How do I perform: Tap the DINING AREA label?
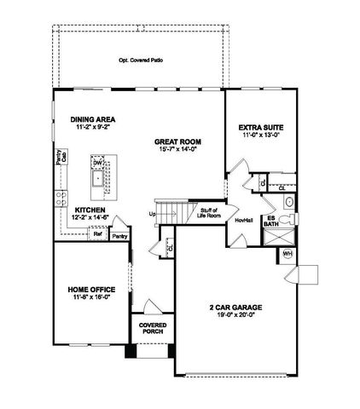[x=93, y=119]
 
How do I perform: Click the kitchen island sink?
[x=96, y=180]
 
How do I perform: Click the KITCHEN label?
[x=90, y=210]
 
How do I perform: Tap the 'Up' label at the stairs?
[x=153, y=214]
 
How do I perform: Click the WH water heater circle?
[x=287, y=255]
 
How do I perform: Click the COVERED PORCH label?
[x=147, y=328]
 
